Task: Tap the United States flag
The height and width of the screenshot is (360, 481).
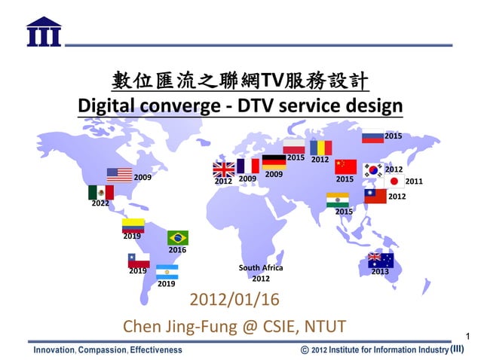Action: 119,175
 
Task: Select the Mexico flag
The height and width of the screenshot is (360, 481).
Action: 100,193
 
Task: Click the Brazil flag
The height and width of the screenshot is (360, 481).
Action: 178,237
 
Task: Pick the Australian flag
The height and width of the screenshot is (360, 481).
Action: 380,260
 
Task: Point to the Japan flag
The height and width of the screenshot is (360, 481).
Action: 393,182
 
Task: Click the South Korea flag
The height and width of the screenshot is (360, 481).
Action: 372,169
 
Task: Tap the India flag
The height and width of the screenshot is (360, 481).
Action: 337,200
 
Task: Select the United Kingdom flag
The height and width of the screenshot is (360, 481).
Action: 224,169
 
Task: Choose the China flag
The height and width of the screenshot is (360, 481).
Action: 345,166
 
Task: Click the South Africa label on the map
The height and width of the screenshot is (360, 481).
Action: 261,268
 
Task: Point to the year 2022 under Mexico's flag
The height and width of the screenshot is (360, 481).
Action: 100,203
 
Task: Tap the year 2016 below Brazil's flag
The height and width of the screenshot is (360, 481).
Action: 177,249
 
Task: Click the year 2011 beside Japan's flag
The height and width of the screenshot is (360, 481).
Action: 414,182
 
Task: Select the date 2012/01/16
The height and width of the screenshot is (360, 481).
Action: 234,300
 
